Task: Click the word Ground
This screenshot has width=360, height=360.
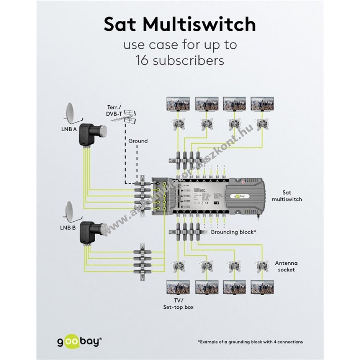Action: click(138, 141)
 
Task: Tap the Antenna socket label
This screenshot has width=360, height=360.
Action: click(285, 266)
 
